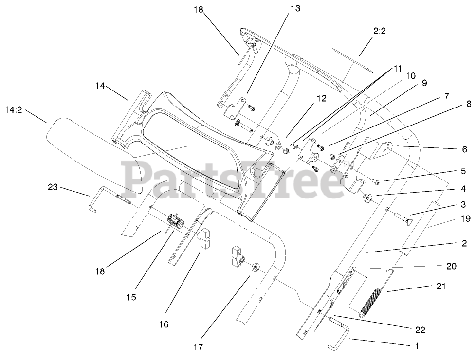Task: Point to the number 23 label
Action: pos(53,186)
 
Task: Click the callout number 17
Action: pos(197,347)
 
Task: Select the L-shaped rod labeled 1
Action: pos(341,335)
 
